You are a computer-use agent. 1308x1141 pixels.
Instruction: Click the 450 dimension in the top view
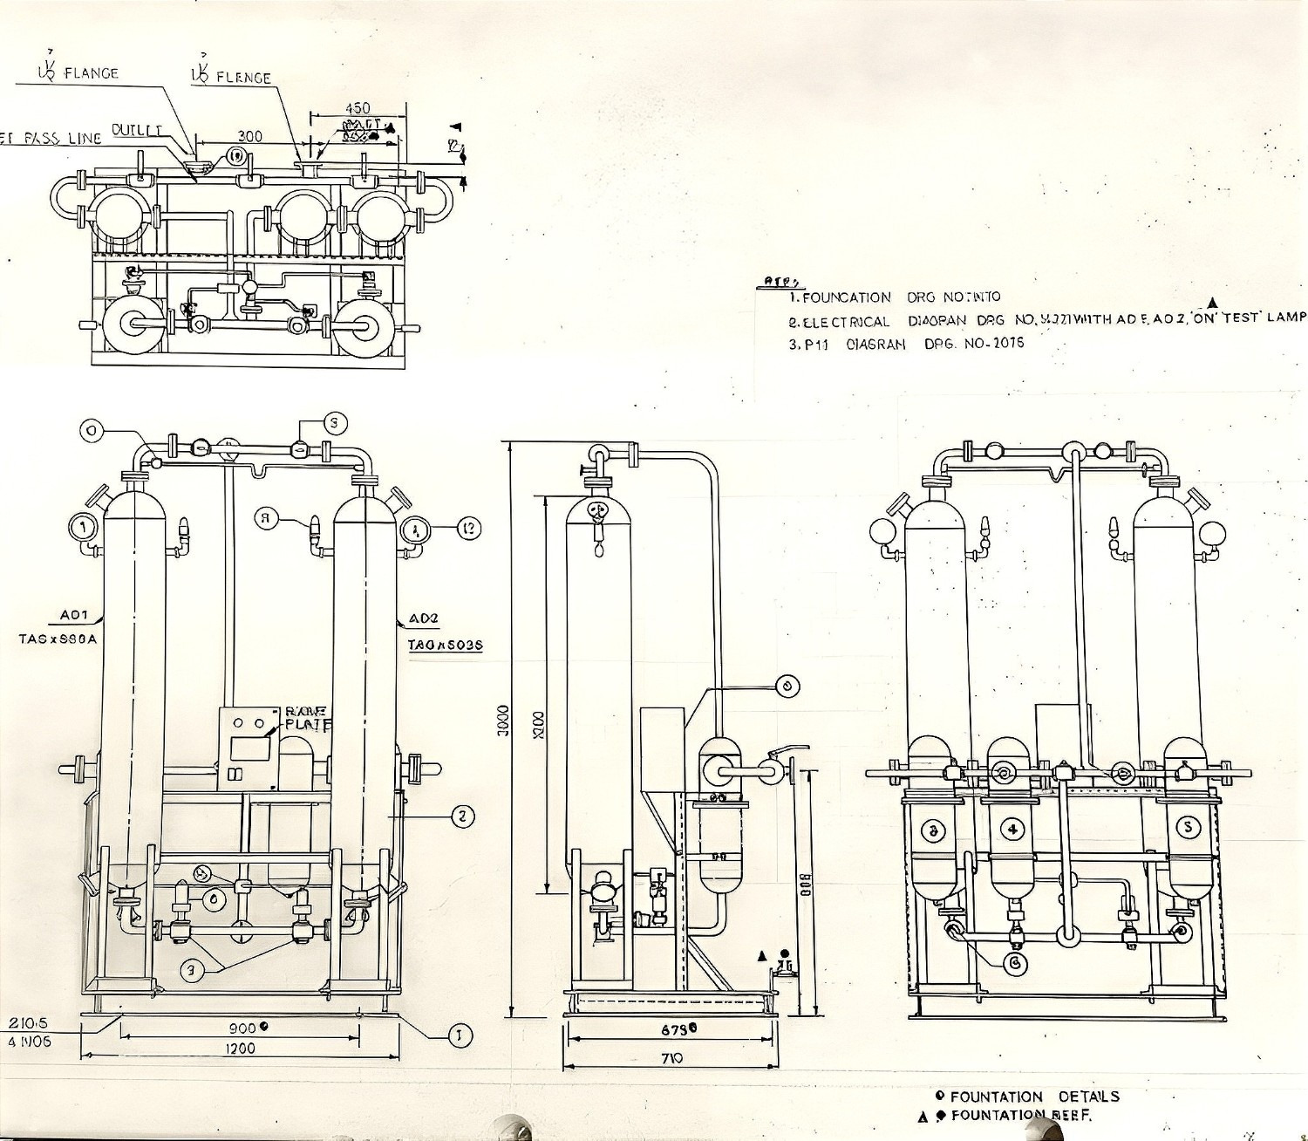[358, 108]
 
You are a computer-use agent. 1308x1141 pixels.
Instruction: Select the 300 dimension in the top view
[249, 136]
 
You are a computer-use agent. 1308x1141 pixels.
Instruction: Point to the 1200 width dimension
[239, 1048]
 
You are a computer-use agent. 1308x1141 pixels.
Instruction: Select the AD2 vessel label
[424, 618]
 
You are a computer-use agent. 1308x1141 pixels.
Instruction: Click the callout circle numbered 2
[462, 816]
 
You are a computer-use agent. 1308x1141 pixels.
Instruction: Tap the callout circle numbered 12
[468, 527]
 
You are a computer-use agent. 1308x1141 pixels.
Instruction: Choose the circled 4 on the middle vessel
[1012, 829]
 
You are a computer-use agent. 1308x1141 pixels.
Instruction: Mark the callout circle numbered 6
[1014, 961]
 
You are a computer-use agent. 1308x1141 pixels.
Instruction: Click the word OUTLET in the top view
[137, 131]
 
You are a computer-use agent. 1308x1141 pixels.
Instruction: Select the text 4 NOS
[29, 1041]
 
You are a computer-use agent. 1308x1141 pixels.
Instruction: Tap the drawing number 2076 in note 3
[1007, 343]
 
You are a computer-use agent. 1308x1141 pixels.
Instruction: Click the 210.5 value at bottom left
[28, 1022]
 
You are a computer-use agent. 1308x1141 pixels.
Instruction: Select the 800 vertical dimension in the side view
[806, 885]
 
